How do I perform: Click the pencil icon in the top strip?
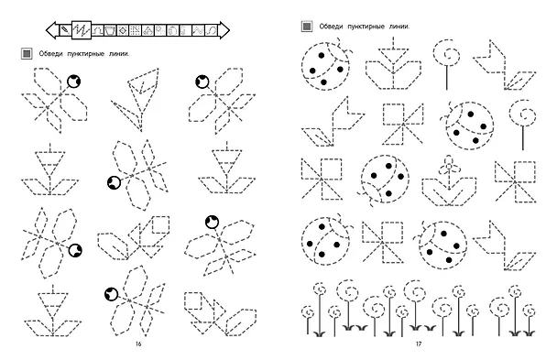[x=65, y=30]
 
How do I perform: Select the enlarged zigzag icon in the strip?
[x=82, y=30]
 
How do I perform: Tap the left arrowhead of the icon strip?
[x=52, y=30]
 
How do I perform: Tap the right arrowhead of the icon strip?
[x=224, y=30]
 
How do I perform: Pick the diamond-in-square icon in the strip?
[x=123, y=30]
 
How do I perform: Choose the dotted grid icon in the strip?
[x=135, y=30]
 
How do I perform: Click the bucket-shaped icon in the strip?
[x=110, y=30]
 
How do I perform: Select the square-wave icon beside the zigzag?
[x=98, y=30]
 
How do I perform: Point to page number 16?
[x=138, y=344]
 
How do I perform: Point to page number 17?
[x=419, y=344]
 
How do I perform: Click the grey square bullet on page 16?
[x=27, y=54]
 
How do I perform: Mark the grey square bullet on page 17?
[x=307, y=27]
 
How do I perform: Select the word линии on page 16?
[x=119, y=54]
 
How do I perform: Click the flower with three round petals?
[x=449, y=181]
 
